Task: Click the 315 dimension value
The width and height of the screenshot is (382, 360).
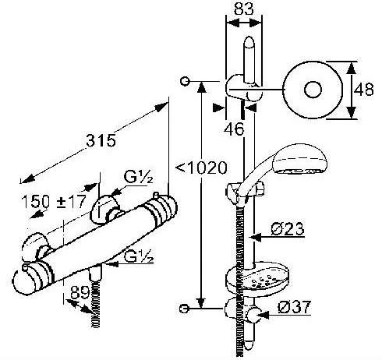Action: click(x=102, y=141)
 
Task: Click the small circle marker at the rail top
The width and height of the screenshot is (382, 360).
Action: click(x=185, y=80)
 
